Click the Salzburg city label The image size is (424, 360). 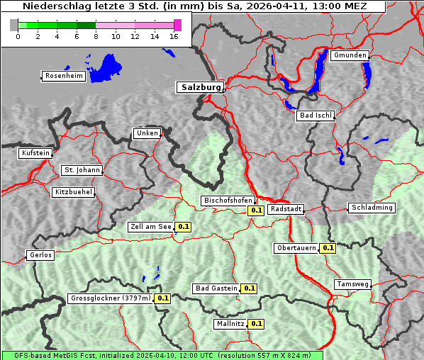[200, 87]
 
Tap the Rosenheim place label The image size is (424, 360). [63, 76]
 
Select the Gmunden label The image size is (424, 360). [350, 55]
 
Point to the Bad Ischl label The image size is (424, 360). [315, 116]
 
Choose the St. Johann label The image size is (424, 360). [82, 170]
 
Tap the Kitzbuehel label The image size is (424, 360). [73, 192]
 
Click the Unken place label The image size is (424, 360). [147, 133]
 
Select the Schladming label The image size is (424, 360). [372, 208]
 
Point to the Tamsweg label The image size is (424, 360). [352, 284]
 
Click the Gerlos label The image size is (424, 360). [40, 255]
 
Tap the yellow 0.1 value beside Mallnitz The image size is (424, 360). [256, 324]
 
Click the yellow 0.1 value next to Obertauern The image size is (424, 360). [328, 248]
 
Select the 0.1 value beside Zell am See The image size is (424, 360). [183, 227]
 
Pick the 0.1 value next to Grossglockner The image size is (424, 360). [162, 298]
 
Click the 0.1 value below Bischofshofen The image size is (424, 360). [256, 210]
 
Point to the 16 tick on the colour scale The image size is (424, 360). [174, 36]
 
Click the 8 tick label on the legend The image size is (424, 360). [96, 36]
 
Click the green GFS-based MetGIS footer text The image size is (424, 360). [162, 355]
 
